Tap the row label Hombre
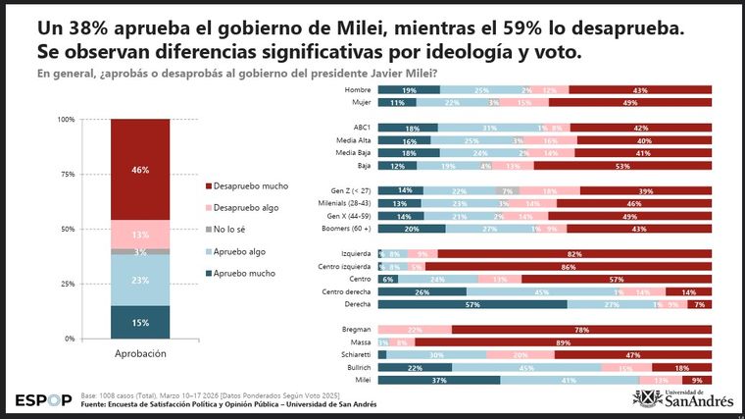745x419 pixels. pyautogui.click(x=356, y=89)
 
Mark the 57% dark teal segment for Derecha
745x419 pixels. pyautogui.click(x=472, y=304)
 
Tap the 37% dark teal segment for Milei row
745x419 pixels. pyautogui.click(x=438, y=379)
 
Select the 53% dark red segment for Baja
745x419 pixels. pyautogui.click(x=623, y=166)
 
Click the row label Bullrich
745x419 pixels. pyautogui.click(x=355, y=366)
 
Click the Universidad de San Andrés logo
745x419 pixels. pyautogui.click(x=682, y=397)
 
